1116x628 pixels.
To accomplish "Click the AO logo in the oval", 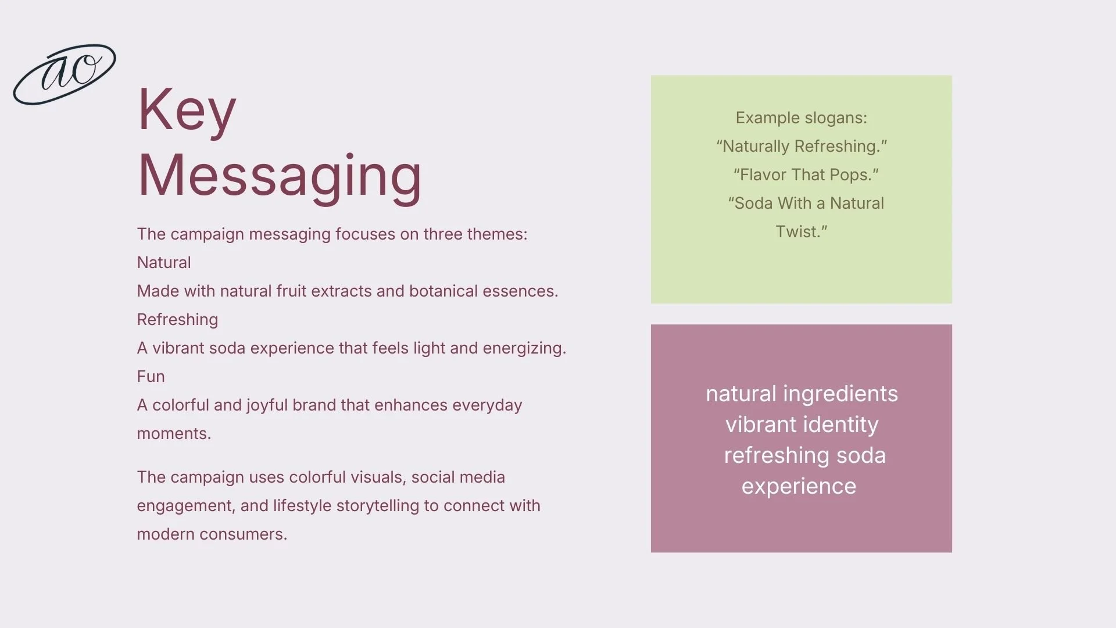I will (65, 74).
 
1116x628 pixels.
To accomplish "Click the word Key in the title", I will (187, 109).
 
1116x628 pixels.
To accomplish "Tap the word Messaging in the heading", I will (279, 175).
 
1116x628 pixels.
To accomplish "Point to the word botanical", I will (443, 291).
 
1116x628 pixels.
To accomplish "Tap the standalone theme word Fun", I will (151, 377).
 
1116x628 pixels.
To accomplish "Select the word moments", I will (173, 434).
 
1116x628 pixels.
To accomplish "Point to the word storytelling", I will (378, 506).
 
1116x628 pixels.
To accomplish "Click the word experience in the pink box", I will (799, 487).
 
